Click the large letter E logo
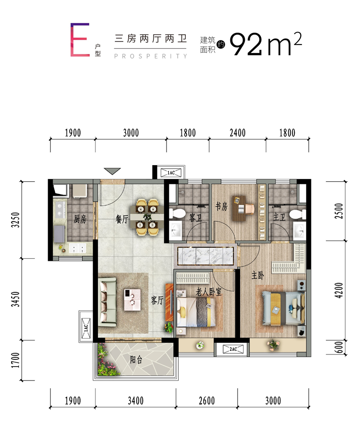tap(80, 40)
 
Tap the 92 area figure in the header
tap(246, 44)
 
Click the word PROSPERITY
tap(150, 56)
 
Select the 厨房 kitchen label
tap(80, 219)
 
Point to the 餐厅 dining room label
tap(122, 219)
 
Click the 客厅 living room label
tap(157, 300)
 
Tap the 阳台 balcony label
tap(136, 359)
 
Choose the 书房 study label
tap(221, 206)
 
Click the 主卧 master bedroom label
tap(258, 275)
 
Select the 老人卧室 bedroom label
tap(208, 292)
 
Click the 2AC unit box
tap(233, 349)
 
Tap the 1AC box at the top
tap(171, 173)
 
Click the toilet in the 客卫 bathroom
tap(177, 214)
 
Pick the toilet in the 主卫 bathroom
tap(297, 215)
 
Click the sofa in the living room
tap(107, 302)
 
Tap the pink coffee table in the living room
tap(132, 300)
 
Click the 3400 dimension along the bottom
tap(135, 401)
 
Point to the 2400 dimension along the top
tap(238, 133)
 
